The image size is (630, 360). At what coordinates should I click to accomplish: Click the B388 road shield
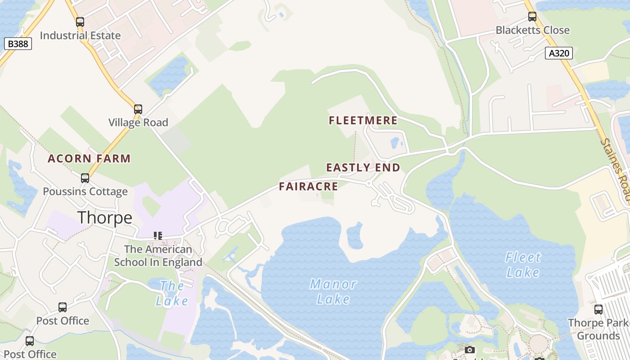point(18,44)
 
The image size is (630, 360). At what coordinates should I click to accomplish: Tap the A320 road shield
point(559,53)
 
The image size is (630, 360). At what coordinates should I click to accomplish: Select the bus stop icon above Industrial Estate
point(80,22)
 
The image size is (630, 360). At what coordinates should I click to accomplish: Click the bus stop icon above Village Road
point(138,109)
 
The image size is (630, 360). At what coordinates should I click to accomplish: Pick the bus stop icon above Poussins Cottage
point(85,178)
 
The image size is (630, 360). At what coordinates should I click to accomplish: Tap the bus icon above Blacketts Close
point(532,17)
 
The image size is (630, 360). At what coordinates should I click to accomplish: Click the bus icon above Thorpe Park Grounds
point(598,310)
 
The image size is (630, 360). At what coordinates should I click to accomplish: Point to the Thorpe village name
point(105,218)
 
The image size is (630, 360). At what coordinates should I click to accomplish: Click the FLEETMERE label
point(363,121)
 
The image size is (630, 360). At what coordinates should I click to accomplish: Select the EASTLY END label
point(363,168)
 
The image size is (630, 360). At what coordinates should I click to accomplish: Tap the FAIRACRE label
point(308,187)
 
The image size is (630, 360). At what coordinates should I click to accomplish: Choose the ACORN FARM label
point(89,159)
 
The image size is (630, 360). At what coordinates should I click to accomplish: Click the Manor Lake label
point(333,292)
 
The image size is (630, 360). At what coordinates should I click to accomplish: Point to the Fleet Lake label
point(523,265)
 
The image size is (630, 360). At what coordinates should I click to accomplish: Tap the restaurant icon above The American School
point(157,235)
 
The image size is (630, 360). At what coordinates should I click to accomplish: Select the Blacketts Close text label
point(533,30)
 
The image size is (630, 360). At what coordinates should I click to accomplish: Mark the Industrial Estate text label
point(80,36)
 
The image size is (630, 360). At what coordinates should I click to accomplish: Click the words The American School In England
point(158,256)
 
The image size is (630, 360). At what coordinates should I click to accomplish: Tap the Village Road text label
point(138,122)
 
